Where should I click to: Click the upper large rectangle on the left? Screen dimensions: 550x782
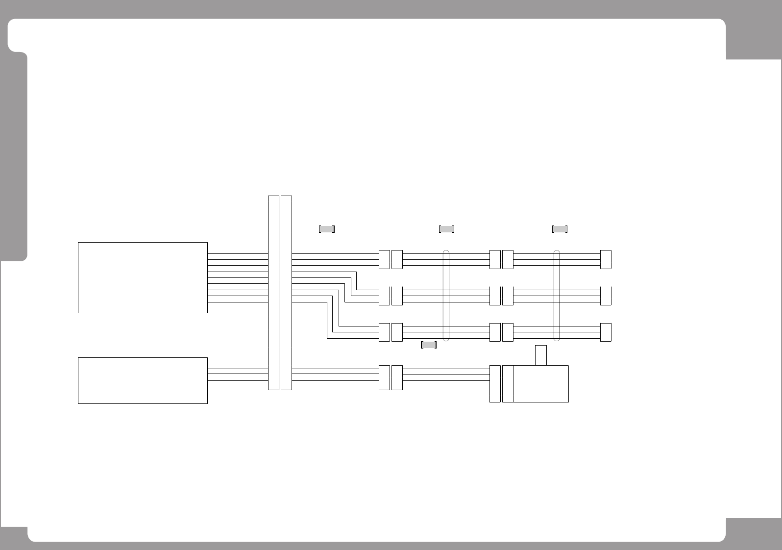click(143, 277)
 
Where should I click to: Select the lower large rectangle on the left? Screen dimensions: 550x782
click(143, 380)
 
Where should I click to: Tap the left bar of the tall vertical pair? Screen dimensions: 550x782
click(273, 293)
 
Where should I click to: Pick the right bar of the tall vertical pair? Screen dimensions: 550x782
click(286, 293)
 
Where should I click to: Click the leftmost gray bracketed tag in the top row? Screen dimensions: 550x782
click(327, 229)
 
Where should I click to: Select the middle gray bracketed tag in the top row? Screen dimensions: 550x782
click(446, 229)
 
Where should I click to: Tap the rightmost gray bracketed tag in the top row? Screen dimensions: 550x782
click(560, 229)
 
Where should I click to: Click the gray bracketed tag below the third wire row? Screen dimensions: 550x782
click(429, 345)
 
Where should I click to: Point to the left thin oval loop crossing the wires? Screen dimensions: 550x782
click(446, 296)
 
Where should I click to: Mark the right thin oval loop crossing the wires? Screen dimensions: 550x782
click(557, 296)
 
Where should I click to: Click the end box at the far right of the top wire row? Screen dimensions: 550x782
click(606, 259)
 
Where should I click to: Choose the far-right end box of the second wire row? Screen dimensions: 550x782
click(606, 296)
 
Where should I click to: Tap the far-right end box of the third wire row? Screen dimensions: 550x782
click(606, 332)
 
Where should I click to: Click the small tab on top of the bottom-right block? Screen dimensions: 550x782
click(541, 355)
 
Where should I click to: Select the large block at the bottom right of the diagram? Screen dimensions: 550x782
click(541, 384)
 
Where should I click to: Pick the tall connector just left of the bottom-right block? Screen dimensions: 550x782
click(495, 384)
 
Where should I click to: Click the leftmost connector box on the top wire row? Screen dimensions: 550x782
click(384, 259)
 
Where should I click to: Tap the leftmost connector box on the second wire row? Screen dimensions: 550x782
click(384, 296)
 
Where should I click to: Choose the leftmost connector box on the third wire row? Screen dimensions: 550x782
click(384, 332)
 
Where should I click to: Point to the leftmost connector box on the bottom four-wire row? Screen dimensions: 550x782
click(384, 377)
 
